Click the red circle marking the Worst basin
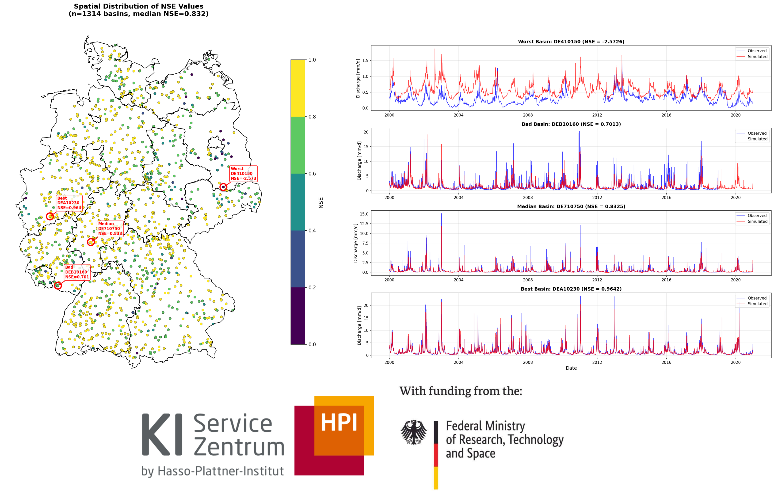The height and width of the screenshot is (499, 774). pos(223,187)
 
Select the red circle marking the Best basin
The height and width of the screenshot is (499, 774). pos(50,216)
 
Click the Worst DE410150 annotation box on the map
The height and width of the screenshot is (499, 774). pos(243,174)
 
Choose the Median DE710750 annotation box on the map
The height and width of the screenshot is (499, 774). pos(110,229)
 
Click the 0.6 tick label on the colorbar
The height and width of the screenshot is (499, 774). pos(312,174)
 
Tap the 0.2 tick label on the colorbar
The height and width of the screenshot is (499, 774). pos(312,287)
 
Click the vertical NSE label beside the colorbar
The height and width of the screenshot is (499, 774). pos(321,202)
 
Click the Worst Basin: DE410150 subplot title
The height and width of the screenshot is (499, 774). pos(571,42)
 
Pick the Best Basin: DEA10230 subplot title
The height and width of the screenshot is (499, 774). pos(571,289)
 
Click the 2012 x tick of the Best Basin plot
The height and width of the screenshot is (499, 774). pos(597,362)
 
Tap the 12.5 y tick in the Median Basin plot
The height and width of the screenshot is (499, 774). pos(364,224)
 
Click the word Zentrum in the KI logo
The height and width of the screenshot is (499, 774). pos(239,447)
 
